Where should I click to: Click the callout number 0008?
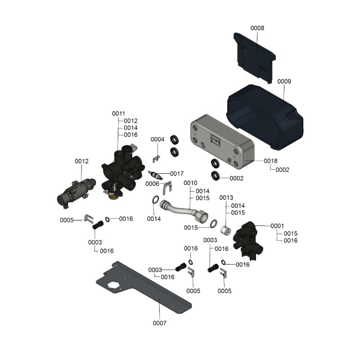coord(257,28)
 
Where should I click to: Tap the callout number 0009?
coord(284,81)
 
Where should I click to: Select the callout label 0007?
coord(160,323)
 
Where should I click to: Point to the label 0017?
coord(177,174)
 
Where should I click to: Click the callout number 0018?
coord(270,161)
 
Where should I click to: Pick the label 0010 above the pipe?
coord(190,183)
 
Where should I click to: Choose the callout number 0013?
coord(226,198)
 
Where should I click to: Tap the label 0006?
coord(152,184)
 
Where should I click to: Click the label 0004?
coord(157,139)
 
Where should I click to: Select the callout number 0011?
coord(118,113)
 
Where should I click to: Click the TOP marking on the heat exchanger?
coord(216,140)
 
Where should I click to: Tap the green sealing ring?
coord(214,224)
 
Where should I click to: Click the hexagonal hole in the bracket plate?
coord(113,286)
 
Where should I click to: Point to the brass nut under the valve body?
coord(113,197)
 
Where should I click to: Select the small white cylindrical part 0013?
coord(225,230)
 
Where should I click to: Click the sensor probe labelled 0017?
coord(155,175)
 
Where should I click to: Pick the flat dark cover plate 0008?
coord(254,58)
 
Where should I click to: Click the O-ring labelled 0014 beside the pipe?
coord(155,200)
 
